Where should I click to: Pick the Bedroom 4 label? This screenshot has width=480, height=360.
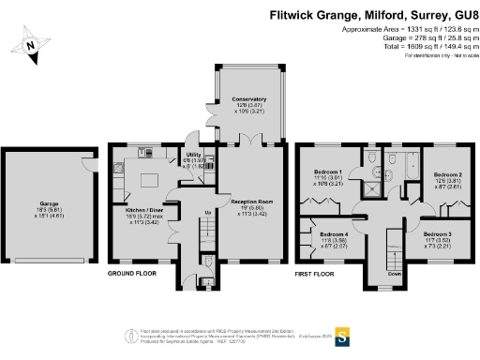point(333,234)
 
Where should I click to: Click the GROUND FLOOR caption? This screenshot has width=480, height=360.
point(130,274)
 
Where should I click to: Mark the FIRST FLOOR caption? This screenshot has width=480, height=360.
point(316,274)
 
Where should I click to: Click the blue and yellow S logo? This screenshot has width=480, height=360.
point(342,335)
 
